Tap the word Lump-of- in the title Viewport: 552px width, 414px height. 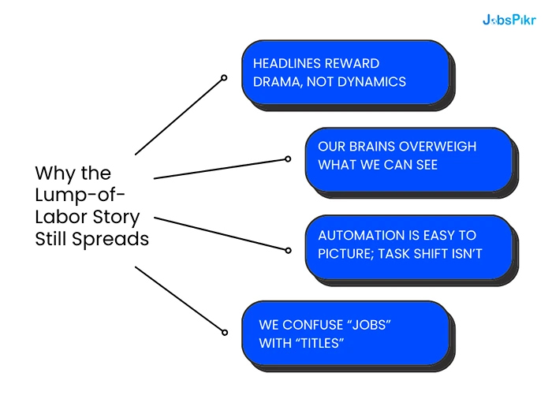(x=80, y=195)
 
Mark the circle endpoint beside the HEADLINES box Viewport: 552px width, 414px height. (x=224, y=77)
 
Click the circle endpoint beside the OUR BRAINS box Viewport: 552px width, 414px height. (x=288, y=159)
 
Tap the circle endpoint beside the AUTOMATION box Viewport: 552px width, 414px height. (x=288, y=250)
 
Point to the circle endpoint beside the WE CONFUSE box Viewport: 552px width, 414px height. (x=224, y=332)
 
